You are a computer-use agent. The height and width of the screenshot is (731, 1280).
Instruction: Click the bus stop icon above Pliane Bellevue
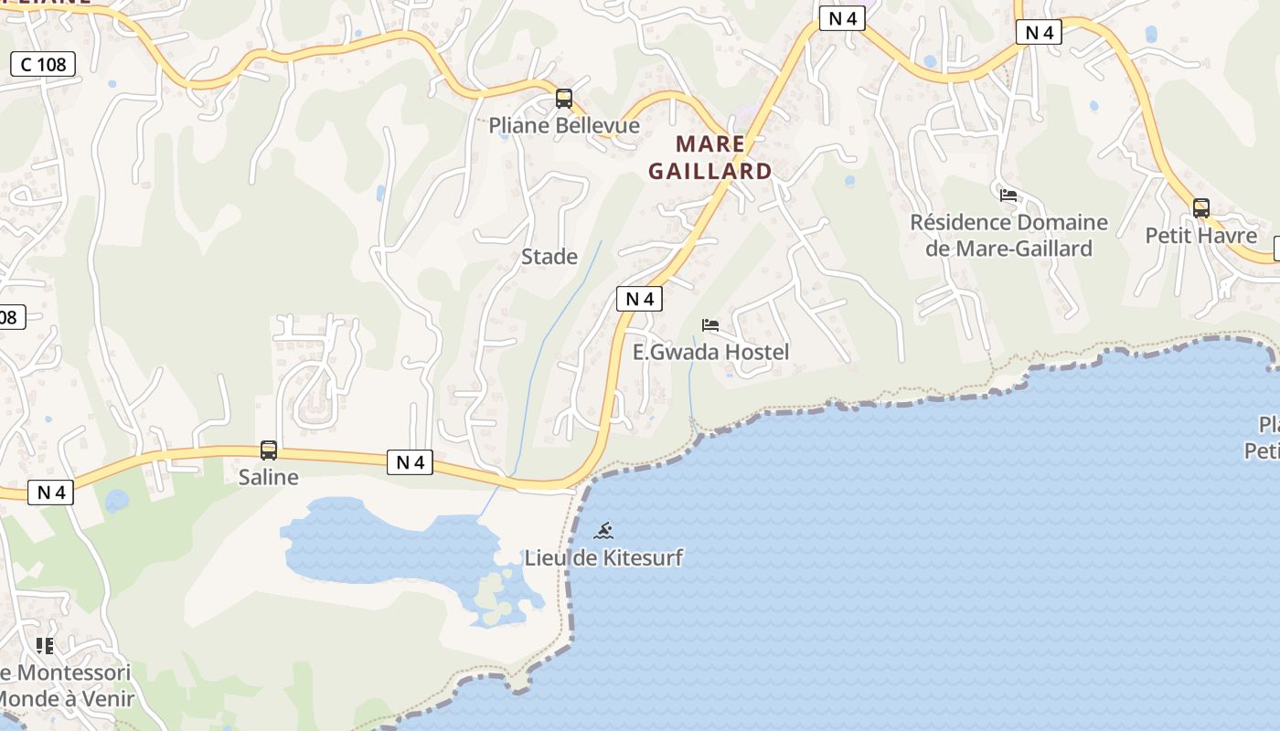[564, 99]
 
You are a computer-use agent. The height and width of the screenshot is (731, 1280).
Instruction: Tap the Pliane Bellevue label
[564, 125]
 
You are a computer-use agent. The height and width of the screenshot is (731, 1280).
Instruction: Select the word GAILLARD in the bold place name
[710, 171]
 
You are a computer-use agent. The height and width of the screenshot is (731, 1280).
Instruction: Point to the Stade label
[549, 257]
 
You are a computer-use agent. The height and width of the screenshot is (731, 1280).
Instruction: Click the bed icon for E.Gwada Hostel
[710, 325]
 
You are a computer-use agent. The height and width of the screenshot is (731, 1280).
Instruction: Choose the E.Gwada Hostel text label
[710, 352]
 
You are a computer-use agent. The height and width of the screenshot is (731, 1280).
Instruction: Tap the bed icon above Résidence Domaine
[1008, 196]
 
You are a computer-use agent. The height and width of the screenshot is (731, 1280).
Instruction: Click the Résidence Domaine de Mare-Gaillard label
[1008, 235]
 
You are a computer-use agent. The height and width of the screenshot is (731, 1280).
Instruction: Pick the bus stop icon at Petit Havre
[1201, 208]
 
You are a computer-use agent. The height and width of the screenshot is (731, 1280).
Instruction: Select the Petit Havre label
[1201, 236]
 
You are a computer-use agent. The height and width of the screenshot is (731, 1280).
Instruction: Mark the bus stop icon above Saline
[269, 450]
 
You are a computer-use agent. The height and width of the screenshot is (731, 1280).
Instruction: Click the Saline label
[269, 477]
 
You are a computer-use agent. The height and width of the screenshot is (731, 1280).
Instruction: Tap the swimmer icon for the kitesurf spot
[603, 531]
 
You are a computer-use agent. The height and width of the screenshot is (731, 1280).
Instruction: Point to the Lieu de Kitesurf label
[603, 557]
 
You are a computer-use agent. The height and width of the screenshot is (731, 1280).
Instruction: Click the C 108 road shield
[43, 64]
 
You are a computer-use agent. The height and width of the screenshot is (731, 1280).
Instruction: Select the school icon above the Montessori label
[45, 646]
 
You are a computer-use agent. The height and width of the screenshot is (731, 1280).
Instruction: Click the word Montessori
[75, 673]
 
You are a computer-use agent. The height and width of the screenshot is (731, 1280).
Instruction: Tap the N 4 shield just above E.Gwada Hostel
[639, 299]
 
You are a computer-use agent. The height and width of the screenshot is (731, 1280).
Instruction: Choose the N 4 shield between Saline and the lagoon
[410, 462]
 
